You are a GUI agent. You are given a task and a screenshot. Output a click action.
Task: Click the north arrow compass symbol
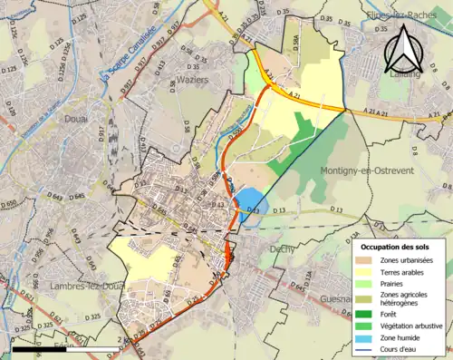405,50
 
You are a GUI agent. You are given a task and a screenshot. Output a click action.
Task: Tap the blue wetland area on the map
250,204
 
